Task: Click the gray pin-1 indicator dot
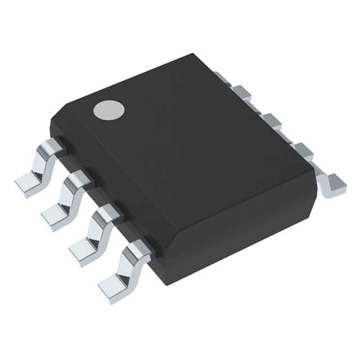(109, 110)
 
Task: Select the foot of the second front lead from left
(55, 216)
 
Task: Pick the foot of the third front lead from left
(83, 249)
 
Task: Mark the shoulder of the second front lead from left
(80, 179)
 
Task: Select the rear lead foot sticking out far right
(335, 184)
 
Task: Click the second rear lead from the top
(242, 91)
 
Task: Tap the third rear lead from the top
(271, 120)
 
